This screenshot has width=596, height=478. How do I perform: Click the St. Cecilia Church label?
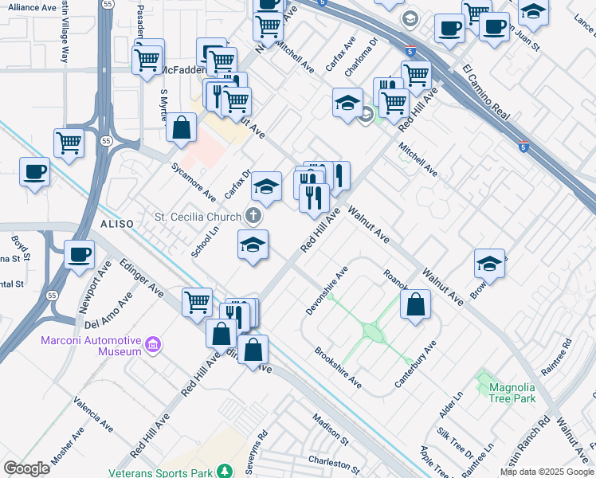[197, 217]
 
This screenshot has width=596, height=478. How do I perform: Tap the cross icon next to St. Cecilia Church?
[253, 216]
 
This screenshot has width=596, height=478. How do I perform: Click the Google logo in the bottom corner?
[26, 468]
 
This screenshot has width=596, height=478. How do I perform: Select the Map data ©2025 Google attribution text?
[547, 472]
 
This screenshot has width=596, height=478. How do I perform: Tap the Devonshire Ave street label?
[327, 290]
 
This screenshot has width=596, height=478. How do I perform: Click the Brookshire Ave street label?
[337, 367]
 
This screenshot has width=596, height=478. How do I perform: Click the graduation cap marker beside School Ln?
[253, 245]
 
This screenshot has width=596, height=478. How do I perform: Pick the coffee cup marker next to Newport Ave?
[79, 255]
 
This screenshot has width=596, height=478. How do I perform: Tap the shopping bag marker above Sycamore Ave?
[182, 127]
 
